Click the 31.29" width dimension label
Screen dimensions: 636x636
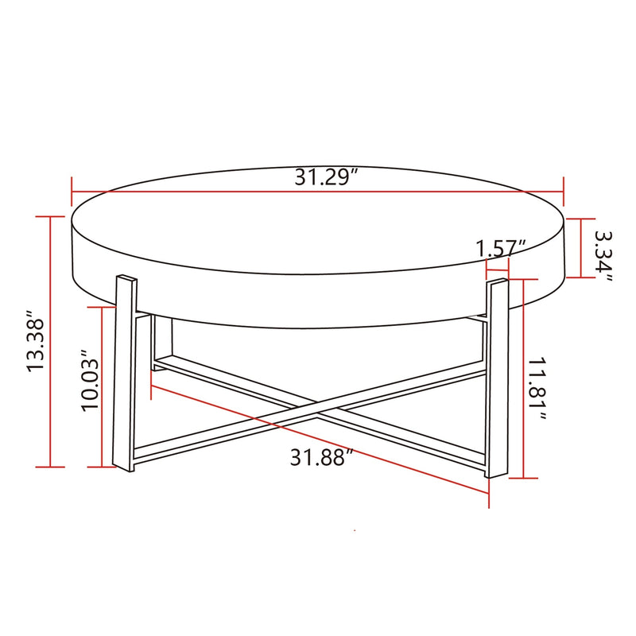click(324, 177)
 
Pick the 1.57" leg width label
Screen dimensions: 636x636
click(502, 247)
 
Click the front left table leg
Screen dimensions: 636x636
click(126, 374)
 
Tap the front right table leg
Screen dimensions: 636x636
click(496, 378)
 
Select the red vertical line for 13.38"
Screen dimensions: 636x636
click(52, 342)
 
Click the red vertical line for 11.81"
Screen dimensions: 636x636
click(522, 378)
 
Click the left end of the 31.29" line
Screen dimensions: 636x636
click(72, 191)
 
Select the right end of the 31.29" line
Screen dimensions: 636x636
click(563, 191)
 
